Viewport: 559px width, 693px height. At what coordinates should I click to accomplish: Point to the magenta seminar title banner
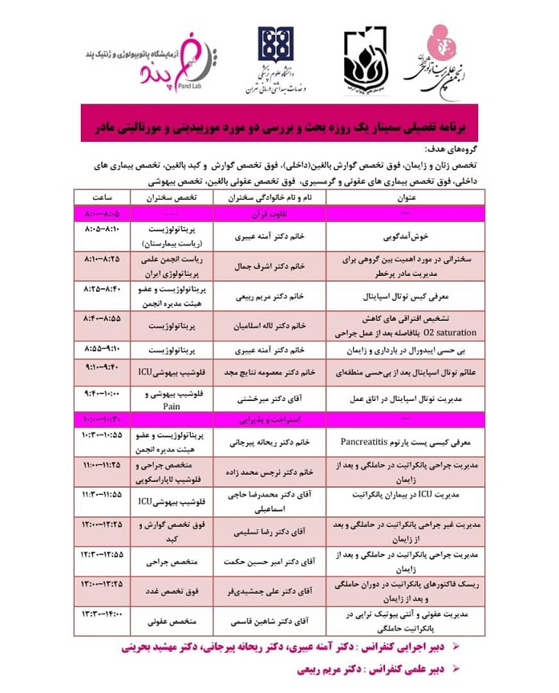coord(280,128)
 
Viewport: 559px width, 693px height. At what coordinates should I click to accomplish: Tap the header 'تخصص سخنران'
coord(171,197)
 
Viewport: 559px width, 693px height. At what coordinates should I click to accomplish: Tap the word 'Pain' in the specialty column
coord(171,406)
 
